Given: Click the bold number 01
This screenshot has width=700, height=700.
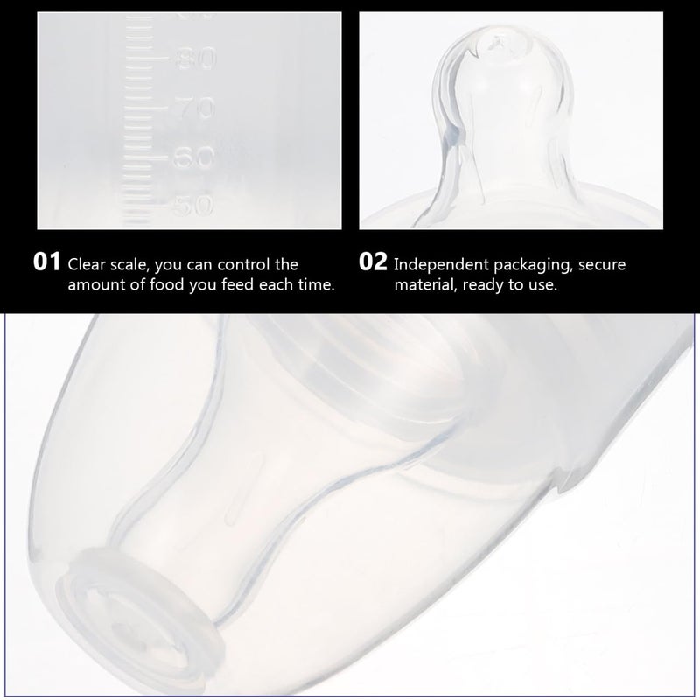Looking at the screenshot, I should coord(46,262).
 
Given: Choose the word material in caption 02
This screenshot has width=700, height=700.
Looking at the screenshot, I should coord(424,285).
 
